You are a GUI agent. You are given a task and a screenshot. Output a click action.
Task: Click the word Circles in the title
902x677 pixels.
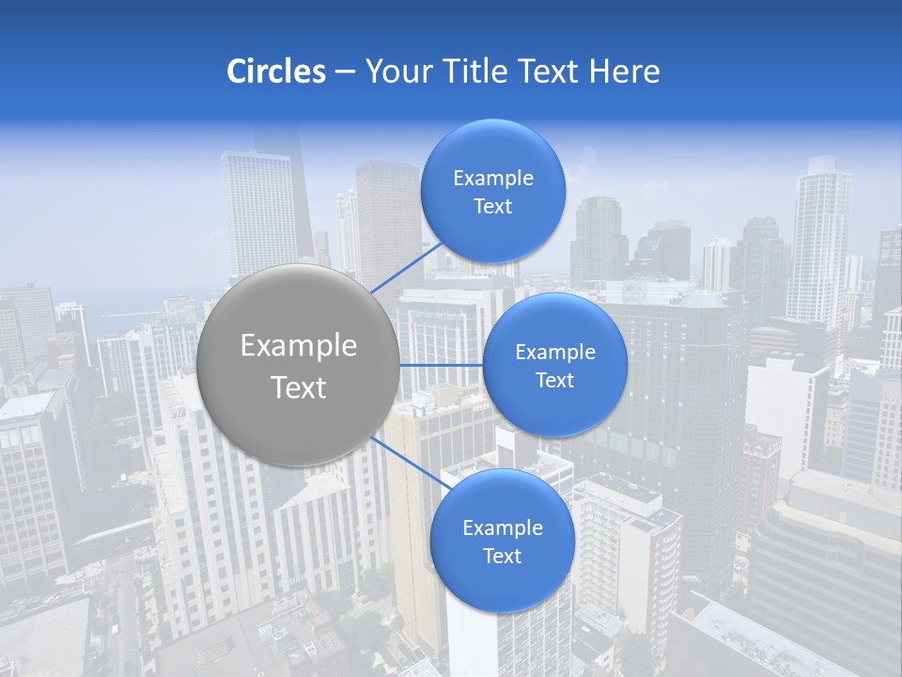(275, 71)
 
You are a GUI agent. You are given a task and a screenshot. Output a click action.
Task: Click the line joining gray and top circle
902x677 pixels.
(406, 268)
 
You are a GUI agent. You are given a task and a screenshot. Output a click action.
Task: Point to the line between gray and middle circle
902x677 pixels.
(442, 364)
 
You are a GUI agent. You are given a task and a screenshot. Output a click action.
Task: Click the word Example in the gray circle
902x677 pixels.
(299, 346)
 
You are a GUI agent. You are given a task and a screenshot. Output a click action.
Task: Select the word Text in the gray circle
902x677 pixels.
(299, 387)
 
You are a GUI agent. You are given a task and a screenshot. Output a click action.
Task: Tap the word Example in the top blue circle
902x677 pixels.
(493, 179)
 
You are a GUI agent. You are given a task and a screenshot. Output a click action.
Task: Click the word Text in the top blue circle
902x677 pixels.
(493, 207)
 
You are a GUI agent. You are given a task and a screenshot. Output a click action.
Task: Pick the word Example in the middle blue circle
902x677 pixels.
(555, 353)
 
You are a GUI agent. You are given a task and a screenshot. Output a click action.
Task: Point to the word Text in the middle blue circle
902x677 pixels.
(555, 381)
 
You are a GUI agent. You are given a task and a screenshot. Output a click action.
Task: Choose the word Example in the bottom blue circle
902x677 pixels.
(503, 528)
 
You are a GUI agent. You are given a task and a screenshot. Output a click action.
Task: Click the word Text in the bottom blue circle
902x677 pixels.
(503, 557)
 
